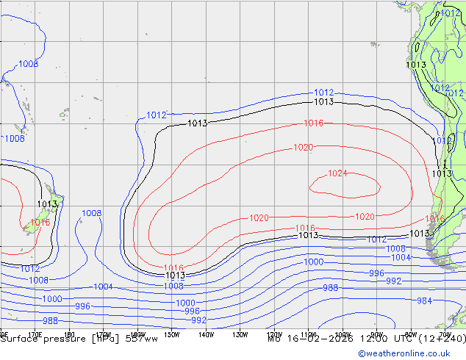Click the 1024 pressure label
[x=337, y=173]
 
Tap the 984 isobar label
[x=424, y=300]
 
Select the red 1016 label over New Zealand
[x=40, y=222]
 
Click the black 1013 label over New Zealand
[x=47, y=204]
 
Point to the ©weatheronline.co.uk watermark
[x=411, y=353]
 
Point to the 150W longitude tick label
[x=171, y=334]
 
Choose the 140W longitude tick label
[x=206, y=334]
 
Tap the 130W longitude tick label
[x=240, y=334]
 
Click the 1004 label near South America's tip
[x=401, y=258]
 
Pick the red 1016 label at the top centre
[x=314, y=123]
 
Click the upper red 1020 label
[x=303, y=148]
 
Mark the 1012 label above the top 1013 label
[x=324, y=93]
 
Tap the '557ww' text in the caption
[x=141, y=339]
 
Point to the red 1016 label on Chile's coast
[x=435, y=219]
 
